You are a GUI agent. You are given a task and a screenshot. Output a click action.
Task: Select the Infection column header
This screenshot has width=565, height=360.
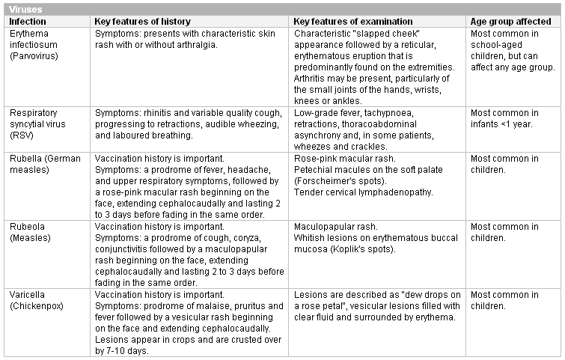pos(27,22)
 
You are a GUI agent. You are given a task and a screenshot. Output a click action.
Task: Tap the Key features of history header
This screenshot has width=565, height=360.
pos(142,22)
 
